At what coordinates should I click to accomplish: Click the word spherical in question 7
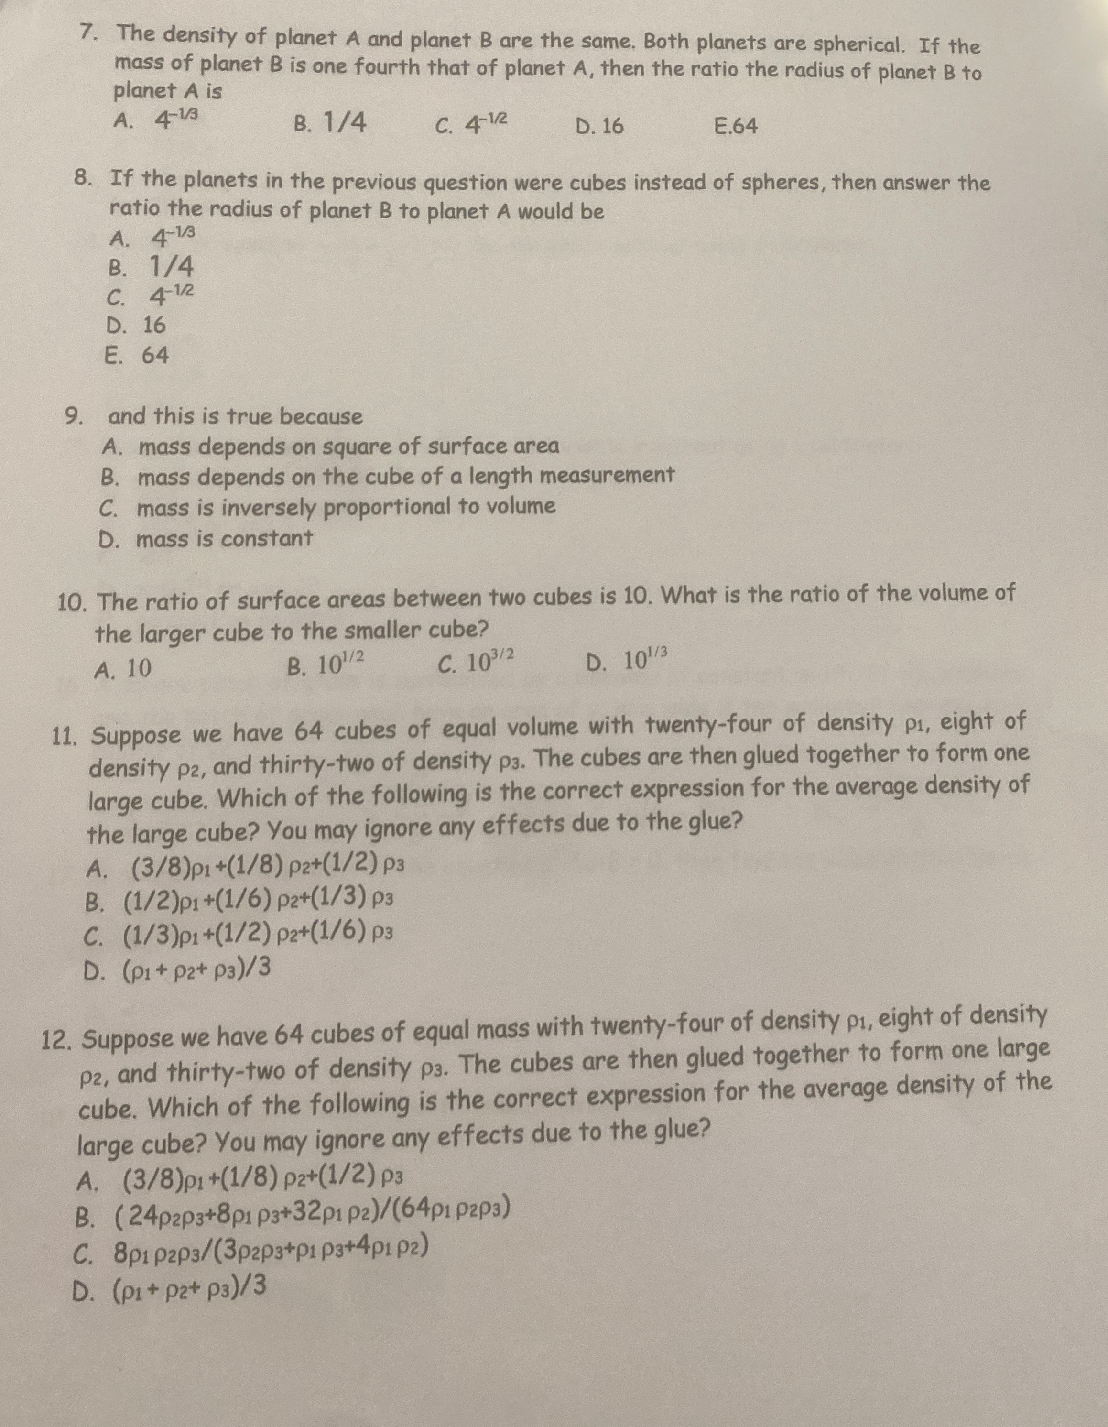pos(856,45)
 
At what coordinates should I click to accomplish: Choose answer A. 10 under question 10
pos(123,668)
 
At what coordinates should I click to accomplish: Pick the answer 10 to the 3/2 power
pos(477,663)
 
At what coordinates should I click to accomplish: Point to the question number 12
pos(57,1040)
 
